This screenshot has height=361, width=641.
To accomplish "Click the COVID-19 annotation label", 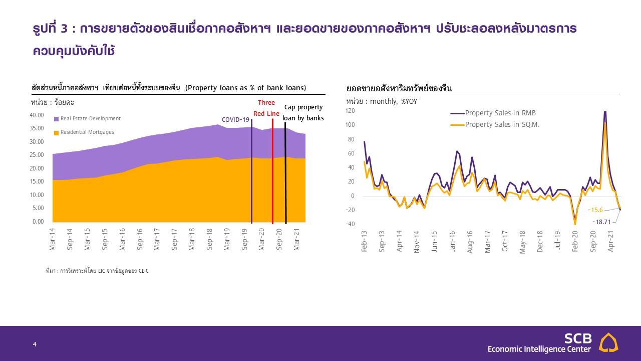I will click(235, 120).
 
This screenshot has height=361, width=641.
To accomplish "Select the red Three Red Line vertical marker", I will click(272, 170).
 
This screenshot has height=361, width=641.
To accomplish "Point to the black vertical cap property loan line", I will click(285, 170).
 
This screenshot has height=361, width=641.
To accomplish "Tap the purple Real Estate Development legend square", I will click(56, 119).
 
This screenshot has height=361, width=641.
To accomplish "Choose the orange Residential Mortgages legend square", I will click(56, 132).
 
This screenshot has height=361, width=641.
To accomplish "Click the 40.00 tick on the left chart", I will click(38, 115).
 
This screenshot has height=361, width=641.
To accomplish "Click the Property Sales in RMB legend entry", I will click(500, 113).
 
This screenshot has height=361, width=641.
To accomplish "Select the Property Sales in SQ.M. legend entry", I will click(502, 124).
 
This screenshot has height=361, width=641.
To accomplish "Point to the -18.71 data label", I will click(601, 221).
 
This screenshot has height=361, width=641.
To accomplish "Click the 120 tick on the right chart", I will click(350, 111).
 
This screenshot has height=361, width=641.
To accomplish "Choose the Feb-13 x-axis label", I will click(364, 241).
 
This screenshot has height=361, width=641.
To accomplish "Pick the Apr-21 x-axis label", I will click(610, 241).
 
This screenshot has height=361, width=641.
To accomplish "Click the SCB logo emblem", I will click(609, 342).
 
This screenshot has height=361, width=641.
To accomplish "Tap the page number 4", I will click(35, 344).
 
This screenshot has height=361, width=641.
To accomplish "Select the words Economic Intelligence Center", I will click(539, 349).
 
